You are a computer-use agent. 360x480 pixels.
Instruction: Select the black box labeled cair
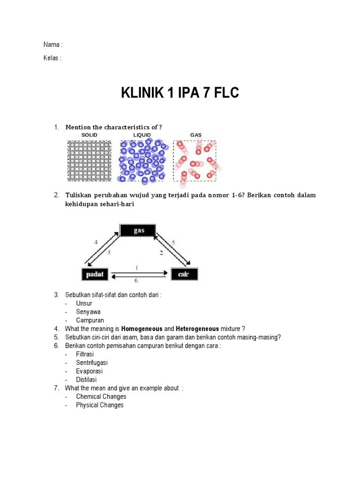[x=184, y=274]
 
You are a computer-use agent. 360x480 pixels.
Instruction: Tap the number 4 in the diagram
[x=96, y=242]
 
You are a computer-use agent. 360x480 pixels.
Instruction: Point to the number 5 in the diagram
[x=173, y=242]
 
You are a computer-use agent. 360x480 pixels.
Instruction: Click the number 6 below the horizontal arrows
[x=136, y=281]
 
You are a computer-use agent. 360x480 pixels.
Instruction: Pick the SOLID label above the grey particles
[x=89, y=135]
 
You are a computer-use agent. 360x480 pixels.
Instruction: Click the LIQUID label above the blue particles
[x=142, y=135]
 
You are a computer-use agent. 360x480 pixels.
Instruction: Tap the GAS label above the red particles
[x=195, y=135]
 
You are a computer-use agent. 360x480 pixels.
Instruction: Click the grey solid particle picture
[x=90, y=161]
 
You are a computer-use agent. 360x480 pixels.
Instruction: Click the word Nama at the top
[x=52, y=45]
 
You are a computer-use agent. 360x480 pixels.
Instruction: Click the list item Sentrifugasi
[x=92, y=362]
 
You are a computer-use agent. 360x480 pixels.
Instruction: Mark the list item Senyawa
[x=88, y=312]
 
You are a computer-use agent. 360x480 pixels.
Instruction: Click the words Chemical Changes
[x=101, y=397]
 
